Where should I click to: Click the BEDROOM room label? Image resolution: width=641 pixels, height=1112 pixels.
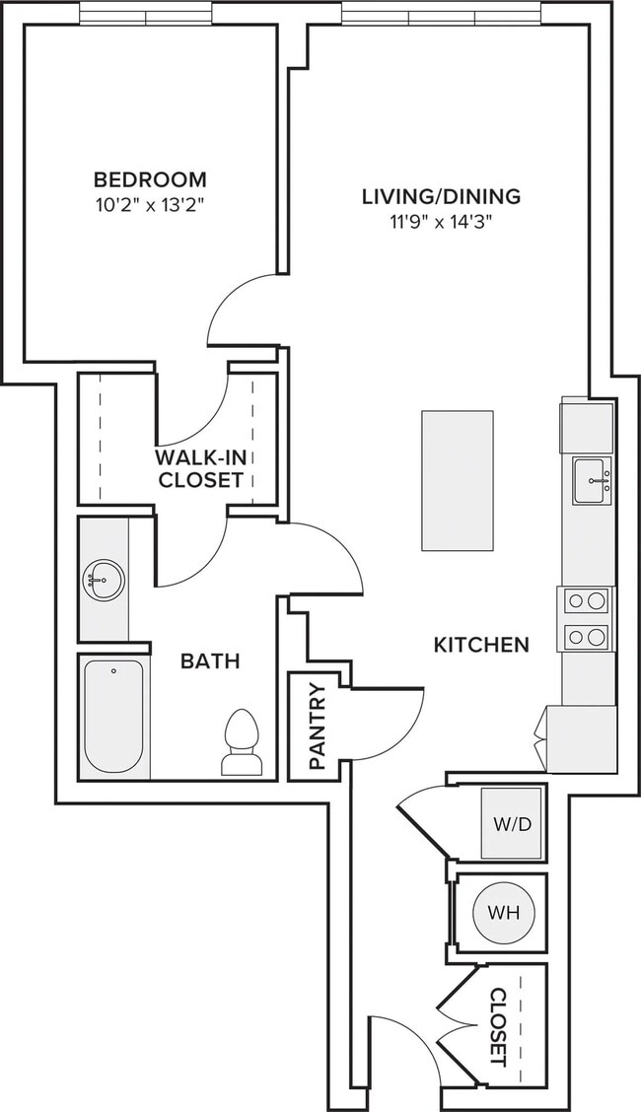click(150, 178)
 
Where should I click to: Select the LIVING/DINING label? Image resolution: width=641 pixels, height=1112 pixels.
click(441, 196)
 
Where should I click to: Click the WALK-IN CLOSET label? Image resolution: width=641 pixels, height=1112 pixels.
click(200, 467)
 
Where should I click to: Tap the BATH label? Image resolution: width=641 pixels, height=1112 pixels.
click(210, 661)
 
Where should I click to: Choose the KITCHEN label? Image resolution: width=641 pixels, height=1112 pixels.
click(481, 645)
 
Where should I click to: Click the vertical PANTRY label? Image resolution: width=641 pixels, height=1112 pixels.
click(317, 727)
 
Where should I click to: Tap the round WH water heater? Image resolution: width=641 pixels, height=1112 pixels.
click(503, 913)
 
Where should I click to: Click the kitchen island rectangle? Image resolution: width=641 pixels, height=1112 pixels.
click(458, 480)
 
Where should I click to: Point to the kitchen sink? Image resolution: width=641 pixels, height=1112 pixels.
click(592, 481)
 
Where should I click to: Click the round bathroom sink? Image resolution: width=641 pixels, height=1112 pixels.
click(103, 580)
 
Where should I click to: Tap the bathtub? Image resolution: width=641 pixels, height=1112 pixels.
click(113, 717)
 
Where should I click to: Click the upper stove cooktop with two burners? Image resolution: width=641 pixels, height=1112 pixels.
click(587, 601)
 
